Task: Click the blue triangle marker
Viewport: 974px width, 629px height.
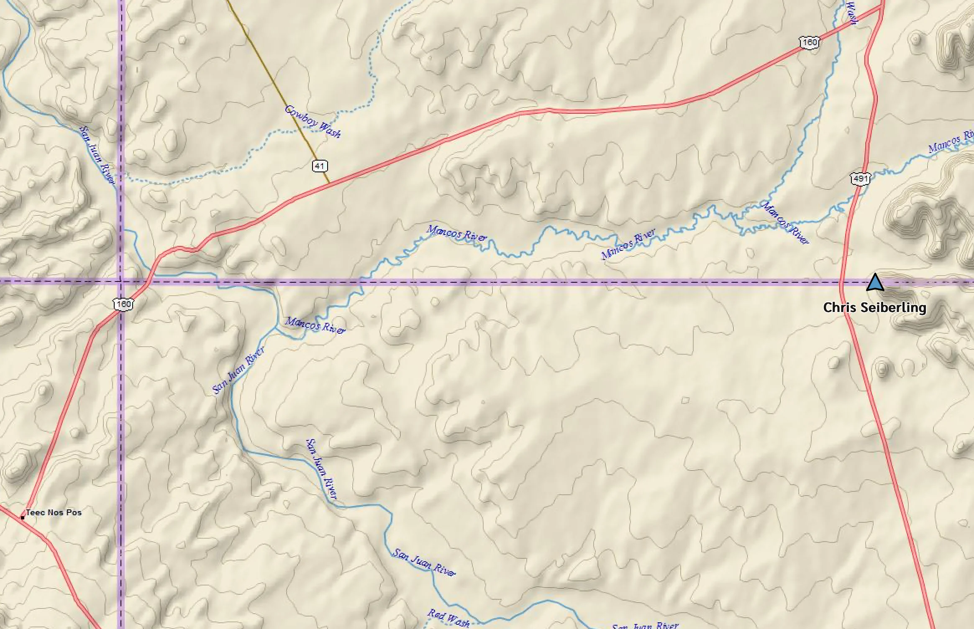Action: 875,283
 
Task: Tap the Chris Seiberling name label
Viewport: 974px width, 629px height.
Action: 874,308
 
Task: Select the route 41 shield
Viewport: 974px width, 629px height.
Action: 320,166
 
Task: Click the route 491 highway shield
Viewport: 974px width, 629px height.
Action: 860,179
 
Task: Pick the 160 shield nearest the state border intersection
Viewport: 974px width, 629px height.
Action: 123,304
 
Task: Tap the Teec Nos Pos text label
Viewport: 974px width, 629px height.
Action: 54,512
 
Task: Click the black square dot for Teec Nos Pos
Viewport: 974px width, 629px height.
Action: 23,517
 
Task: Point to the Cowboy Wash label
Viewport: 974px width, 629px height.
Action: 313,121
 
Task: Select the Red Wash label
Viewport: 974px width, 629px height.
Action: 449,618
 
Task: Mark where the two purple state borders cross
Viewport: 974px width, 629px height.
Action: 121,282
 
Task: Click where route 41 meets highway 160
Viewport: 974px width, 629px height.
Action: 330,183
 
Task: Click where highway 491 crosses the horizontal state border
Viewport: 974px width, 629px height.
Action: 841,282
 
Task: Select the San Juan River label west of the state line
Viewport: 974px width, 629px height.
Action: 97,155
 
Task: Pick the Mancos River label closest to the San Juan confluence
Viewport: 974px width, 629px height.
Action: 315,325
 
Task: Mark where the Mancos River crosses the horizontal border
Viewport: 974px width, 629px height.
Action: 361,282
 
